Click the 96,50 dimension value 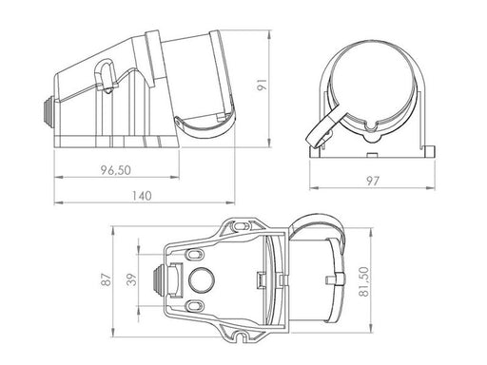116,170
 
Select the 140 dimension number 142,196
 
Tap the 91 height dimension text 263,85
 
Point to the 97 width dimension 373,181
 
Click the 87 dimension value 107,279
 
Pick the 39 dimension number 131,279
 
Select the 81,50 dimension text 364,281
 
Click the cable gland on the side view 48,110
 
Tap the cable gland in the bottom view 158,279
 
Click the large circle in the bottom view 202,280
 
